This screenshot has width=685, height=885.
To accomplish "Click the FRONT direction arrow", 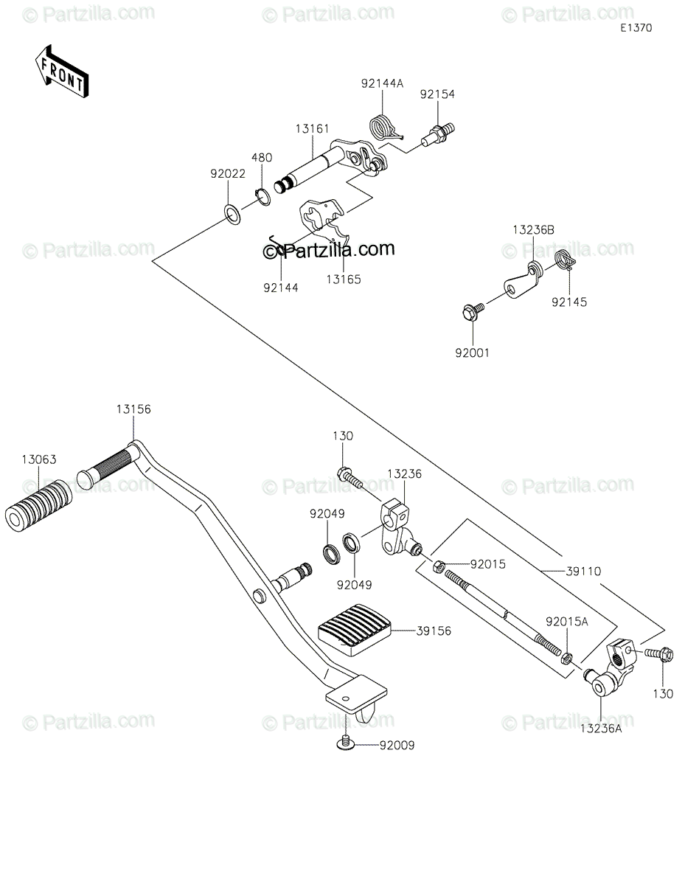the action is tap(61, 72).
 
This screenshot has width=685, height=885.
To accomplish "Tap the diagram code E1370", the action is tap(636, 28).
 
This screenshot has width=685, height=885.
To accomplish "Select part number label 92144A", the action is tap(382, 83).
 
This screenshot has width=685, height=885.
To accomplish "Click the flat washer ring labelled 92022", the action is tap(232, 215).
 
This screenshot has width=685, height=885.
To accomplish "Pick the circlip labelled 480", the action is tap(262, 197).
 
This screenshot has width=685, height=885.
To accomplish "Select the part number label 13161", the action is tap(312, 129).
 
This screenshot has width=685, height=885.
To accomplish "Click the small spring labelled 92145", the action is tap(565, 260).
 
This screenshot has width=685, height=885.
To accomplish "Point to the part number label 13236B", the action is tap(533, 230).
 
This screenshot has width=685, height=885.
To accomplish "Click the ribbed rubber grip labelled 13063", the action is tap(38, 505).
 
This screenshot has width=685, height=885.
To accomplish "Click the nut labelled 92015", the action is tap(438, 566).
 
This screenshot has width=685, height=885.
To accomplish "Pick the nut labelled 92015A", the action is tap(566, 657).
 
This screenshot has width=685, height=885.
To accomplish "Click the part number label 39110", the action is tap(583, 572).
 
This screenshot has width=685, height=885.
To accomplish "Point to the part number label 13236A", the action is tap(601, 729).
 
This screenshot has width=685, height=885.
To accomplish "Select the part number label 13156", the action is tap(133, 409).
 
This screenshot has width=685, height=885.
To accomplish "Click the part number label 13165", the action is tap(344, 280).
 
